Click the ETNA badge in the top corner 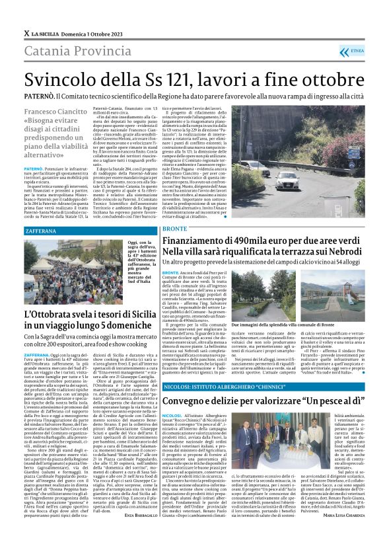356,50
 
